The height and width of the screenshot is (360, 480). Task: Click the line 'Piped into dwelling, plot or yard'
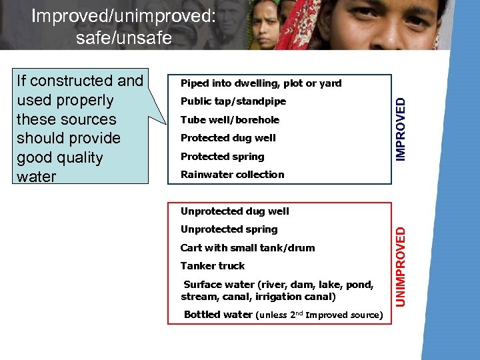(x=261, y=83)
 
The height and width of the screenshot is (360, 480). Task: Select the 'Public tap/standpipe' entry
(x=233, y=101)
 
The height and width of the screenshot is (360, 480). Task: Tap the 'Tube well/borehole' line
(x=230, y=120)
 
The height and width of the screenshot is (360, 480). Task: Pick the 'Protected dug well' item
(x=228, y=138)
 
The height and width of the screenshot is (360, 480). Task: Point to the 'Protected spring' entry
(x=222, y=157)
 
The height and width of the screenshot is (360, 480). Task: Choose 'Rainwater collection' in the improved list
(x=232, y=175)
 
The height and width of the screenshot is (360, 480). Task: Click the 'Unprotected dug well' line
(x=235, y=211)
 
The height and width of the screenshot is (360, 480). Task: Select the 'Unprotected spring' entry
(x=229, y=229)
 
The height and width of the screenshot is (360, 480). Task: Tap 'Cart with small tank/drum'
(x=247, y=248)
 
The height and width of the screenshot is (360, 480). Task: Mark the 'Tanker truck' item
(x=213, y=266)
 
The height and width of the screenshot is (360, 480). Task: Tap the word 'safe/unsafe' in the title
(x=124, y=38)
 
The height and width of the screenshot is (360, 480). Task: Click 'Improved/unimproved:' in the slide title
(x=123, y=15)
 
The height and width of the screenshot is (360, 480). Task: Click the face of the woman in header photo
(x=267, y=26)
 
